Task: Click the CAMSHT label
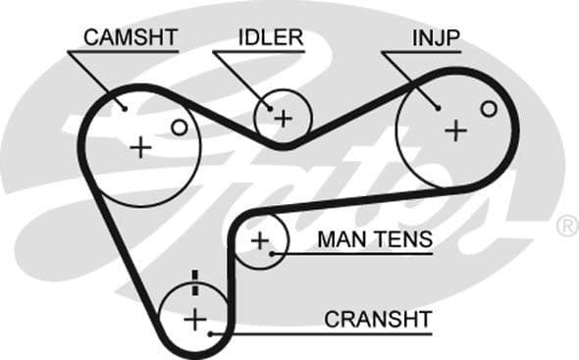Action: click(x=130, y=38)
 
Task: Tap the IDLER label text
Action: click(x=270, y=38)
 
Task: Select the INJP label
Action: click(x=435, y=38)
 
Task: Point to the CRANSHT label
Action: click(x=378, y=320)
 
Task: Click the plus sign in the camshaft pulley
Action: click(x=141, y=147)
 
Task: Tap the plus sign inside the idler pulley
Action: click(x=283, y=119)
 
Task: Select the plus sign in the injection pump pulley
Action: click(x=454, y=129)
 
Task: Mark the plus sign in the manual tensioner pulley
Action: click(x=260, y=239)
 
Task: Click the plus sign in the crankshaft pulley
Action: click(x=195, y=319)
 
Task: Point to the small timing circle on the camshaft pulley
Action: click(x=179, y=127)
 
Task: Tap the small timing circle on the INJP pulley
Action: click(x=488, y=109)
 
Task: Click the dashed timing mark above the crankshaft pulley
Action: click(x=195, y=279)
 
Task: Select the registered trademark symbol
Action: click(x=566, y=227)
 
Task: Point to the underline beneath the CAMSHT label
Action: click(x=128, y=52)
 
